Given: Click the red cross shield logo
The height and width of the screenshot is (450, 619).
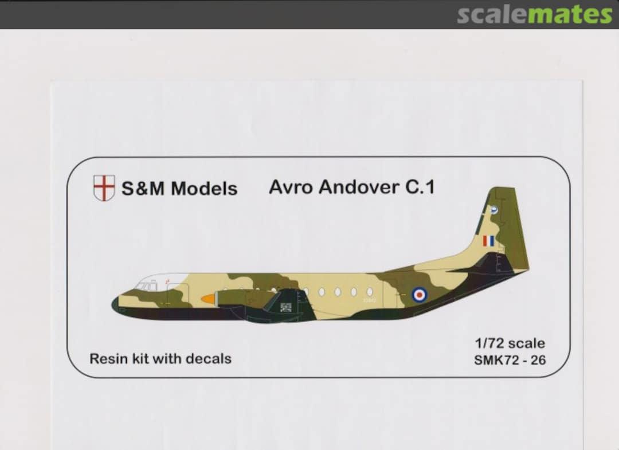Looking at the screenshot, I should [x=104, y=188].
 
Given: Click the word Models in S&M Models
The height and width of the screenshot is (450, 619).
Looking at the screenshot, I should [x=204, y=189].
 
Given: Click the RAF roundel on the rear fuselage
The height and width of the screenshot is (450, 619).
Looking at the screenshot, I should [x=420, y=295].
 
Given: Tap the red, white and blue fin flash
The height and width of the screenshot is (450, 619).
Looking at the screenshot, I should [x=488, y=241].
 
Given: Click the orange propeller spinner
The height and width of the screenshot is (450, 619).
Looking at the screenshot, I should [x=208, y=299].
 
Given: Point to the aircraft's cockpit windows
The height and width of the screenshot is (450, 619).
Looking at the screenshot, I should [x=147, y=285].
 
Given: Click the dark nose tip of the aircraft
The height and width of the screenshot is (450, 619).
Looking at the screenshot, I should [x=115, y=304].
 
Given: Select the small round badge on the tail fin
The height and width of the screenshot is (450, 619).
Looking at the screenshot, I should [x=494, y=210].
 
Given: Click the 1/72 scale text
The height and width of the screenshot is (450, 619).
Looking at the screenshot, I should [x=510, y=344].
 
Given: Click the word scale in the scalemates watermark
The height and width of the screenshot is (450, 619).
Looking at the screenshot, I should [x=492, y=15].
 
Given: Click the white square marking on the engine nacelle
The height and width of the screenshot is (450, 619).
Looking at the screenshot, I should [x=285, y=307].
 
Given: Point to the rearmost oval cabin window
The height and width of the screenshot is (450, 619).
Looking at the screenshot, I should [x=370, y=292].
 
